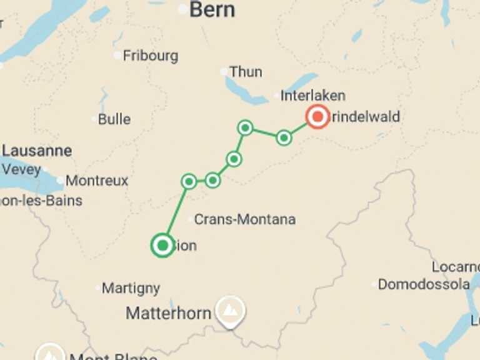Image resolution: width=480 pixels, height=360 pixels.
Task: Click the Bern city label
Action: click(x=212, y=9)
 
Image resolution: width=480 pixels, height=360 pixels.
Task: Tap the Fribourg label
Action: click(x=150, y=56)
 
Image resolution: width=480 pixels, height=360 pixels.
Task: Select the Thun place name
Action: click(x=246, y=72)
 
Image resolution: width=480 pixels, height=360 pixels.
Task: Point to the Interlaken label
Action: click(x=312, y=96)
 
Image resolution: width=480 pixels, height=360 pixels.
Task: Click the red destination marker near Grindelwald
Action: click(x=317, y=117)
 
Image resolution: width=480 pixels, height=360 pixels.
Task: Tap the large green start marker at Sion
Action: click(x=162, y=245)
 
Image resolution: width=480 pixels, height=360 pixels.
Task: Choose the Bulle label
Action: click(x=114, y=119)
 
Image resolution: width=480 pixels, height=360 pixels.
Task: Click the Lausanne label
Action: click(x=37, y=151)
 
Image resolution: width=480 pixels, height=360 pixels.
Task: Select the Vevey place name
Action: click(x=21, y=169)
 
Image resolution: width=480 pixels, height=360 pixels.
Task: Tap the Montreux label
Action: click(x=97, y=181)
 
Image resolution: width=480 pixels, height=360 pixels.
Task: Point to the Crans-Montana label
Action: click(x=244, y=219)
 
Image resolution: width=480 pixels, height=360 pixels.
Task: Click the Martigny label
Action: click(x=131, y=288)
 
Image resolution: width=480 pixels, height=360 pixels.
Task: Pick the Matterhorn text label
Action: click(x=168, y=313)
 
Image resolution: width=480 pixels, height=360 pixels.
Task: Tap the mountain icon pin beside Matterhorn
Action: click(x=230, y=309)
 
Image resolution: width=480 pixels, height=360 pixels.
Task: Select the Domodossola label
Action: click(x=424, y=284)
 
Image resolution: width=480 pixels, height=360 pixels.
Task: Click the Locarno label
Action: click(x=456, y=267)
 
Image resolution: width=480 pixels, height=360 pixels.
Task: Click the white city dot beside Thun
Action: click(x=224, y=72)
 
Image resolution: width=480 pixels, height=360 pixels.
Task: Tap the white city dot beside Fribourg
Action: click(x=117, y=56)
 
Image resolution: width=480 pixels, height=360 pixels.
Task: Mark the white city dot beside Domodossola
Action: click(x=374, y=284)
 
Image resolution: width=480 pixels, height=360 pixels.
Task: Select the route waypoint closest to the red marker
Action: click(x=284, y=137)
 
